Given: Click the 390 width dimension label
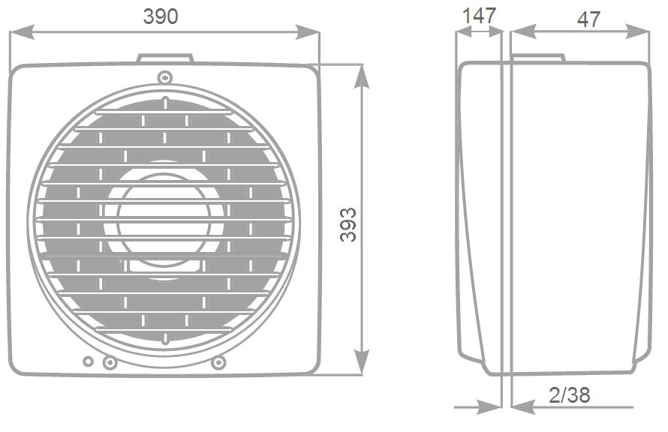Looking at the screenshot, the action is tap(161, 16).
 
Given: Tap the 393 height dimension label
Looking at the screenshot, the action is tap(348, 225).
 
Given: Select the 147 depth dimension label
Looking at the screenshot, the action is tap(479, 16).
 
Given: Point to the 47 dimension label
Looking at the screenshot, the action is tap(588, 19).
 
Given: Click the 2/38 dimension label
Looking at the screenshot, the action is tap(570, 395).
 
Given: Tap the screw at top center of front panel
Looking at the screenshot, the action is tap(165, 77).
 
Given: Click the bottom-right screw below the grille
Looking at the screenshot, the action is tap(218, 362).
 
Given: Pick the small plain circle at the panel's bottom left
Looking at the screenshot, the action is tap(88, 361).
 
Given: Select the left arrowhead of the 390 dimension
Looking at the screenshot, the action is tap(22, 32).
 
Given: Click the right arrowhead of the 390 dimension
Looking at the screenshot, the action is tap(307, 32).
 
